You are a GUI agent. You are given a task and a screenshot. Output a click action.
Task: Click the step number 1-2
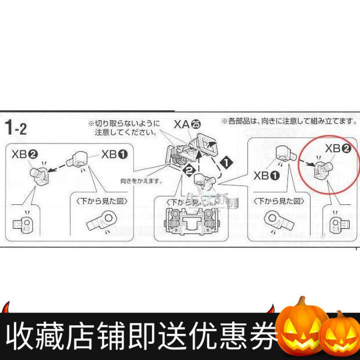coord(15,126)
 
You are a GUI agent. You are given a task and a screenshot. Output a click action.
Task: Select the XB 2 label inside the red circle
coord(337,148)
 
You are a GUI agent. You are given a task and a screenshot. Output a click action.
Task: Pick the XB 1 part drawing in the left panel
coord(79,160)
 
